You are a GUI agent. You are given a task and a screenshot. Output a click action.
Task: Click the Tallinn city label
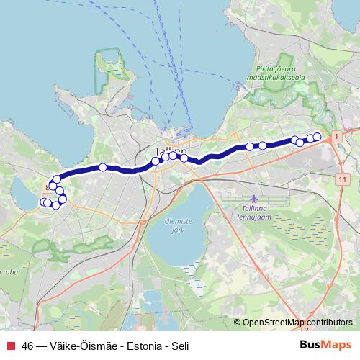coord(170,151)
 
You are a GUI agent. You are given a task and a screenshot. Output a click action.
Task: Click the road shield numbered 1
coord(336,135)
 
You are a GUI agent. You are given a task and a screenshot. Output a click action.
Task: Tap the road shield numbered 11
coord(341,177)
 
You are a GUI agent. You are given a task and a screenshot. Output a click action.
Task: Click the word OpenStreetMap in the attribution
coord(273,323)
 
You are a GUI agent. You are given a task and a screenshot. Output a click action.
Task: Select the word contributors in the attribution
coord(329,323)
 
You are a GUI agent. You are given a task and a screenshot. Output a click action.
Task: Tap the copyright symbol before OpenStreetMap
coord(238,323)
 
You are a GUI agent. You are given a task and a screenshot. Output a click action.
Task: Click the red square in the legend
coord(9,346)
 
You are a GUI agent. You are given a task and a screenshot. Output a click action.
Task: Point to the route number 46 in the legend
coord(27,346)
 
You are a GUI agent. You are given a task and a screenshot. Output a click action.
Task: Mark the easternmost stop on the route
coord(317,136)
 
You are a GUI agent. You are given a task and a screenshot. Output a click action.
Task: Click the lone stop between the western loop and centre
coord(103,167)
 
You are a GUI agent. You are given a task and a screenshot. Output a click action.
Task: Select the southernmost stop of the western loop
coord(55,205)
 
